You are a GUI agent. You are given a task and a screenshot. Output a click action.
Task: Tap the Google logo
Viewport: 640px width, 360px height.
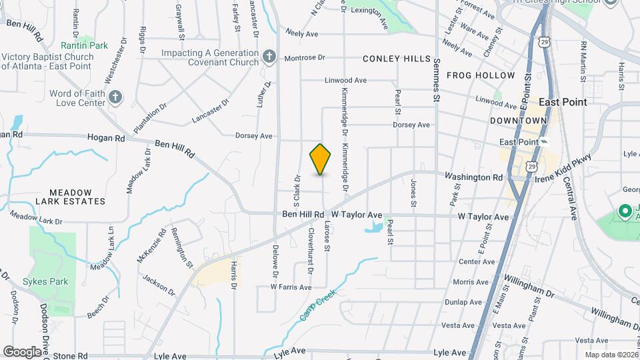pyautogui.click(x=22, y=351)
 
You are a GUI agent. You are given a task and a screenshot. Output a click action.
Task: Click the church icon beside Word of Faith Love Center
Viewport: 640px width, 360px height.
pyautogui.click(x=116, y=98)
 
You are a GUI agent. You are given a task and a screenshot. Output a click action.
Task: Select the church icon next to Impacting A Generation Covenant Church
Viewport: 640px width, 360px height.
pyautogui.click(x=269, y=57)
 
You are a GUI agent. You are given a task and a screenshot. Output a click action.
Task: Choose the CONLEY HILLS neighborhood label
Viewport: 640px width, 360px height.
pyautogui.click(x=397, y=59)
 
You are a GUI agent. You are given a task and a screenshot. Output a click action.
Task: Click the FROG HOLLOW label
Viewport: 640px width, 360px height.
pyautogui.click(x=481, y=75)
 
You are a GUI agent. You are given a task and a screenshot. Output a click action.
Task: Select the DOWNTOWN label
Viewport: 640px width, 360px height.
pyautogui.click(x=518, y=121)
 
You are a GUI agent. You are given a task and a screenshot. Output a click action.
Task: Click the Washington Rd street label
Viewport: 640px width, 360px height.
pyautogui.click(x=473, y=177)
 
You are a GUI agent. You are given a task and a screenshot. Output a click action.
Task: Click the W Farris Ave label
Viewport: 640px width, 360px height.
pyautogui.click(x=291, y=287)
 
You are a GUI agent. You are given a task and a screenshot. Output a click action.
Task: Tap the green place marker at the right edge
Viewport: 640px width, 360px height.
pyautogui.click(x=625, y=212)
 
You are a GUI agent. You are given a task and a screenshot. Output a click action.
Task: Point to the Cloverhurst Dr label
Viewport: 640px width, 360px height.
pyautogui.click(x=311, y=251)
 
